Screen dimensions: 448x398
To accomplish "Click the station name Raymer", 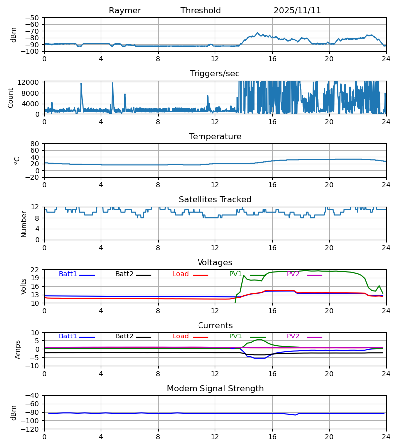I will click(x=125, y=11).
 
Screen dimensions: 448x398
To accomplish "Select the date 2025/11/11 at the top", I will click(x=297, y=11).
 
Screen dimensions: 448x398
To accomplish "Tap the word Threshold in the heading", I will click(x=200, y=11).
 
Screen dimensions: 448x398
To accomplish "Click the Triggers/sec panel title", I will click(x=215, y=74).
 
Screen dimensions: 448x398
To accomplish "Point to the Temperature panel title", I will click(x=215, y=137).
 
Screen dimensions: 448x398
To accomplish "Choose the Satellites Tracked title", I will click(x=215, y=200).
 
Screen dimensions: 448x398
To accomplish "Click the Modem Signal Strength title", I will click(x=215, y=389).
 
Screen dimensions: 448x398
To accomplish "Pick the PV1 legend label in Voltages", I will click(x=236, y=274).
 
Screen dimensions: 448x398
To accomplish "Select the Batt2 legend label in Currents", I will click(x=124, y=336).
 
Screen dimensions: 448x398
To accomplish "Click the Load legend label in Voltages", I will click(x=180, y=274).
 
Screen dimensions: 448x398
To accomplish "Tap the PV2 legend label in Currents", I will click(x=293, y=336).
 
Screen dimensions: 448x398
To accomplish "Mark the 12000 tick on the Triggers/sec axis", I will click(x=31, y=82).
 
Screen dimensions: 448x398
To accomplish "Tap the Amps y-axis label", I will click(x=18, y=349).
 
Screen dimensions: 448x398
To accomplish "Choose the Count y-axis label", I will click(x=11, y=98).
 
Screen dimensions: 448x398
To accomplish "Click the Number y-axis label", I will click(x=24, y=224).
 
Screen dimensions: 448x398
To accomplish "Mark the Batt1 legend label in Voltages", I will click(x=68, y=274).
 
